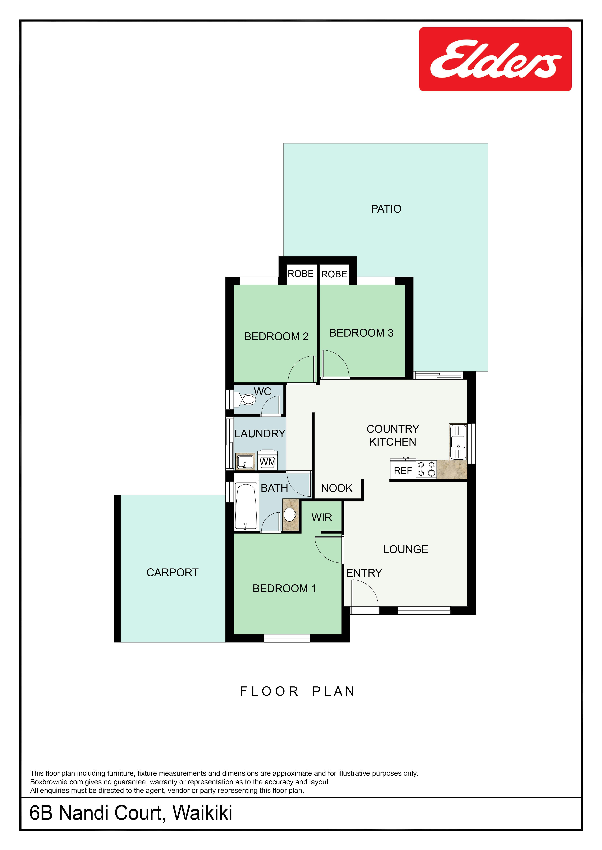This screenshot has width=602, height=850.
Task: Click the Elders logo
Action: [495, 59]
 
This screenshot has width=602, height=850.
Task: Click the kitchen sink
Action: [458, 442]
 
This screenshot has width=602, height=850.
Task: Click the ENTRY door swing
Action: [365, 593]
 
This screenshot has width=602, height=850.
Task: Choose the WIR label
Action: [322, 518]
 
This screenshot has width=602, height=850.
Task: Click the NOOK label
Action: [337, 488]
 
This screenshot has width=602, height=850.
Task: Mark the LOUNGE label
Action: [406, 549]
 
